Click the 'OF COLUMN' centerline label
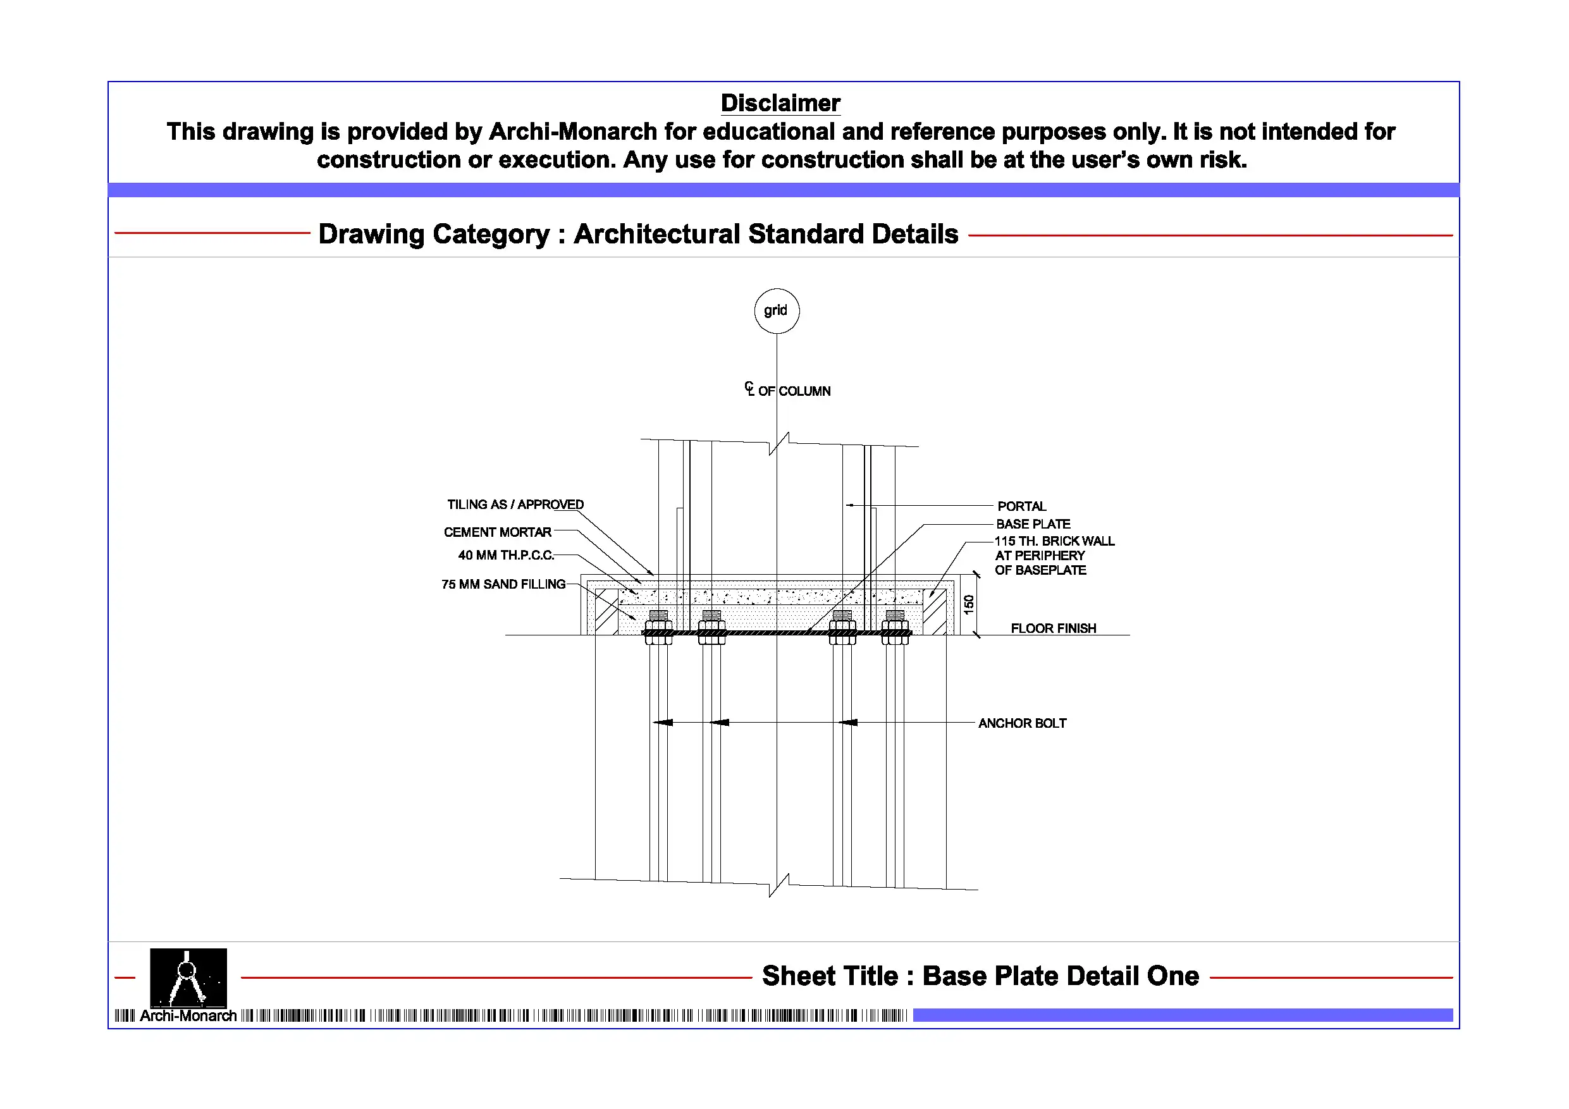tap(794, 391)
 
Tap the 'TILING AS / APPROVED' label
tap(515, 505)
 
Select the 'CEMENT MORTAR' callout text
tap(498, 532)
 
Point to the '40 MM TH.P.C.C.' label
tap(507, 556)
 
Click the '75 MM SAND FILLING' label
tap(503, 584)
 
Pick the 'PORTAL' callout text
tap(1021, 506)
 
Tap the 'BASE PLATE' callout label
tap(1033, 524)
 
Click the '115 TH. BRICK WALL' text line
tap(1054, 541)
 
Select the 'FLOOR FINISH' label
tap(1054, 628)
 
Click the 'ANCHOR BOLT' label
tap(1023, 723)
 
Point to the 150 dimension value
tap(968, 604)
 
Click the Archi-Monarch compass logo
tap(188, 979)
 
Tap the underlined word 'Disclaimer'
tap(780, 103)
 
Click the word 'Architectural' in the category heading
tap(656, 235)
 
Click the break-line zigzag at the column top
tap(779, 443)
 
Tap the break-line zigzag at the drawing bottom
tap(779, 885)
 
